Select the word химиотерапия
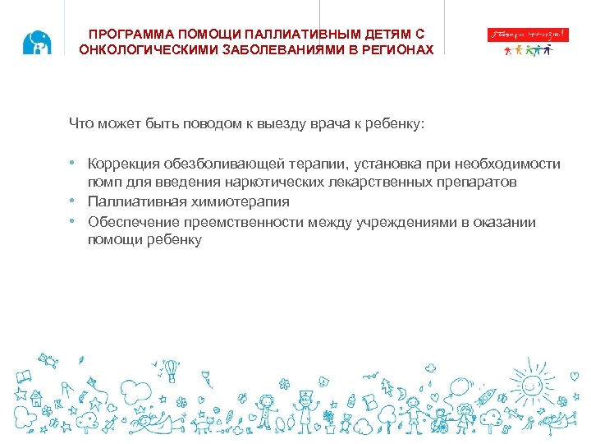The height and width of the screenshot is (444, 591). pos(244,201)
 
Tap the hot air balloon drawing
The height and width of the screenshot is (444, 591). pos(171,369)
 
